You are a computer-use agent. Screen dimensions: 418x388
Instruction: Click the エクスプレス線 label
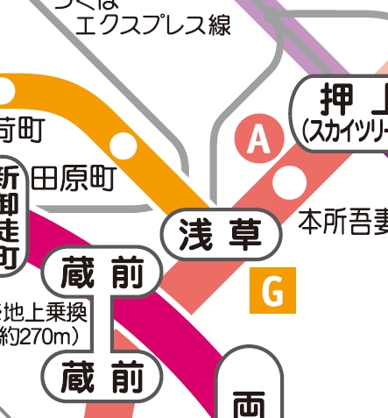click(153, 25)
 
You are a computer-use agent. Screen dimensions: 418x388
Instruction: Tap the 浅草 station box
click(222, 235)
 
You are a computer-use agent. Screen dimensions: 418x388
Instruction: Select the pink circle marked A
click(257, 139)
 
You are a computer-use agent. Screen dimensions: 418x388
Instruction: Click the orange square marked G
click(273, 292)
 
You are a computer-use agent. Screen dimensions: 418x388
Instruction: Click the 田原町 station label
click(74, 179)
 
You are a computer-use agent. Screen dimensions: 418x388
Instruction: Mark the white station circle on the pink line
click(286, 182)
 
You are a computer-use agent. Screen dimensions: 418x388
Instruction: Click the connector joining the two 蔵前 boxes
click(112, 323)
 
